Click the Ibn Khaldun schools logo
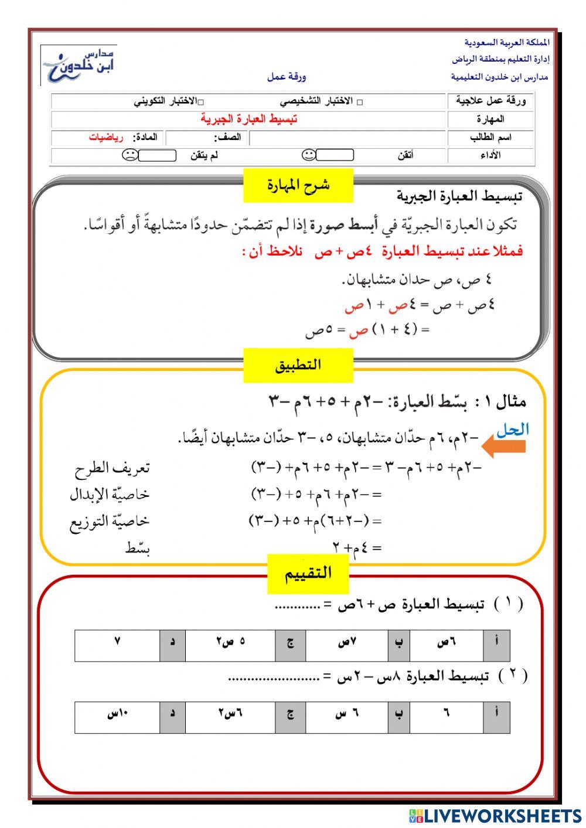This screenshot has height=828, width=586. coord(79,65)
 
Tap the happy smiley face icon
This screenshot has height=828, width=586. coord(308,155)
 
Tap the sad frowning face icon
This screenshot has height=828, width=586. coord(130,155)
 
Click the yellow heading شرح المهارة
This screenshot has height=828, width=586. coord(298,185)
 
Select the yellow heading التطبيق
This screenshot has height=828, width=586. coord(298,365)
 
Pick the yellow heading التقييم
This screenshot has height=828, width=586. coord(308,573)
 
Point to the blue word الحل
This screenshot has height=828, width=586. coord(512,430)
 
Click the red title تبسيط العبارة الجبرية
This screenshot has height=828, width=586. coord(248,119)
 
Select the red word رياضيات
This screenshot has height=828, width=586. coord(106,137)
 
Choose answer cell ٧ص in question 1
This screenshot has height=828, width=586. coord(347,642)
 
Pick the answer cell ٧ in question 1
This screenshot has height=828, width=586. coord(117,642)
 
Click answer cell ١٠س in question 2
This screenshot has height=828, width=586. coord(117,714)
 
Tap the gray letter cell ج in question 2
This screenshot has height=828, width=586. coord(290,714)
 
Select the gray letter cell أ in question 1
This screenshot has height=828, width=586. coord(497,642)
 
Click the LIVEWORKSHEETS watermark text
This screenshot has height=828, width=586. coord(502,815)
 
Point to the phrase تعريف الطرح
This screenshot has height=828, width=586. coord(112,468)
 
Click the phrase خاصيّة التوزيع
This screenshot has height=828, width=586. coord(109,520)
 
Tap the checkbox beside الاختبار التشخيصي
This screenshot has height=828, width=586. coord(360,102)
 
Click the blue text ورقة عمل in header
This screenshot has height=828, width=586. coord(287,77)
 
